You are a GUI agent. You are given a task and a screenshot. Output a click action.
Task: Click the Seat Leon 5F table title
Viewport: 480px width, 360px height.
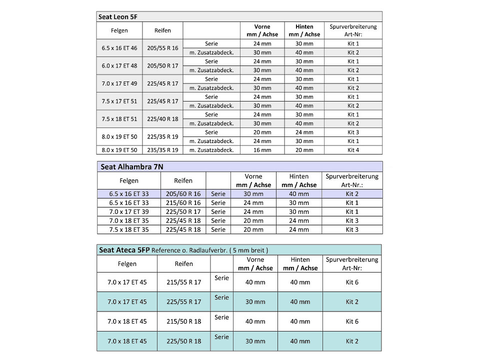[118, 16]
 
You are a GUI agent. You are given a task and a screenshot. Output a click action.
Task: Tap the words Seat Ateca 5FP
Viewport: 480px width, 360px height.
[124, 249]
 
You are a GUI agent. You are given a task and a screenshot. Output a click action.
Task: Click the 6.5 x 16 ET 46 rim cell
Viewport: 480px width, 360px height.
[119, 48]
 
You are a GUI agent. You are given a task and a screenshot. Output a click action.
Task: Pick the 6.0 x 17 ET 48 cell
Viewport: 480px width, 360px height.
[119, 66]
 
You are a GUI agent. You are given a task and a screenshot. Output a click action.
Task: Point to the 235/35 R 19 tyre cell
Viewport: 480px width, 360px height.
[162, 150]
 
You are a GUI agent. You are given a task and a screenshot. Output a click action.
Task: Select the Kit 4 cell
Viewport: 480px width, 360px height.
[353, 150]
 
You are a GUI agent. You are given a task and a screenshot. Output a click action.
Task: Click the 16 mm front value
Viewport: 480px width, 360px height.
[262, 150]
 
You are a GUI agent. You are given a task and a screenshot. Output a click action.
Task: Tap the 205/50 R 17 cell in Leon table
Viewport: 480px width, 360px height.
[162, 66]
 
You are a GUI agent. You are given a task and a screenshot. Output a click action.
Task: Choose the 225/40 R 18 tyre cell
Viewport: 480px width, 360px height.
[162, 119]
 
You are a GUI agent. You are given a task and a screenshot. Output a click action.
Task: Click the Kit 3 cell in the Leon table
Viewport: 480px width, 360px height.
[353, 132]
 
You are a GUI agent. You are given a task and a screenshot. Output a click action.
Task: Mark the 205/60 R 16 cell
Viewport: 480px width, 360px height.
[183, 194]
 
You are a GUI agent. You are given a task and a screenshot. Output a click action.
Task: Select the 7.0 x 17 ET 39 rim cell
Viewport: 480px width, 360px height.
[129, 211]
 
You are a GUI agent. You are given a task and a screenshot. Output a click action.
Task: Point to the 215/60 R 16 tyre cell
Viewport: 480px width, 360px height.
[183, 203]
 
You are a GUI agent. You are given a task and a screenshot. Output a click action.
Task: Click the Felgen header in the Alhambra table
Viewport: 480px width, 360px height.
[129, 180]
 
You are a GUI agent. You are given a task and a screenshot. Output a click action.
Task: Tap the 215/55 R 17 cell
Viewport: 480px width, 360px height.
[183, 282]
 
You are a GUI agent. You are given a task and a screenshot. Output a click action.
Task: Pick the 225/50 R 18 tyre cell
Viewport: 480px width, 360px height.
[183, 341]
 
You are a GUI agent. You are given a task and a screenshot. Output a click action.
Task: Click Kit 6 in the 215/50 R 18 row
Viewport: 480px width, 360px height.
[352, 321]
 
